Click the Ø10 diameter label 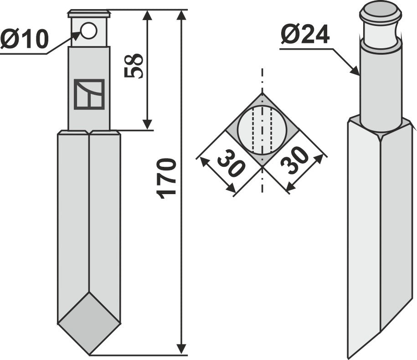coord(24,40)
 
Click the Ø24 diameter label coord(305,35)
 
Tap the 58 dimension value coord(134,66)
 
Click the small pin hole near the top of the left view coord(89,31)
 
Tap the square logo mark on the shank coord(89,94)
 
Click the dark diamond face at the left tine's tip coord(89,323)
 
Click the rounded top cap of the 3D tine coord(381,10)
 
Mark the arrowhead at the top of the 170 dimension coord(181,15)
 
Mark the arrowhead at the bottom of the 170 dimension coord(181,350)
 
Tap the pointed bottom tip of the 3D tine coord(349,357)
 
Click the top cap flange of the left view coord(89,13)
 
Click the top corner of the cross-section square coord(262,93)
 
